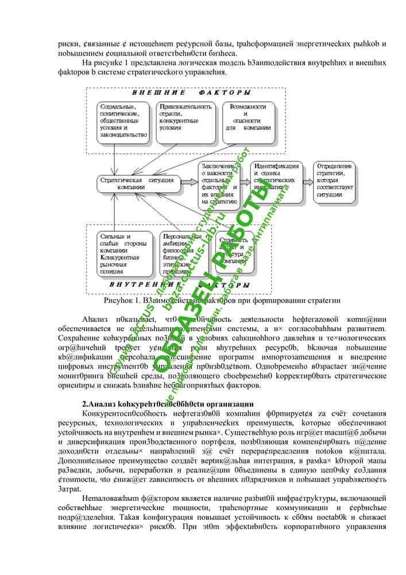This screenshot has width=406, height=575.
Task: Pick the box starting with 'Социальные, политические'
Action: pyautogui.click(x=122, y=121)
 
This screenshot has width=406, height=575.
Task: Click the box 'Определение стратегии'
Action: pyautogui.click(x=338, y=179)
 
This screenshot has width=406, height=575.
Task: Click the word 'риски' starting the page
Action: pyautogui.click(x=67, y=44)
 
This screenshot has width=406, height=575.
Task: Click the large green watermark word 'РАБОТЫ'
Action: pyautogui.click(x=235, y=230)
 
